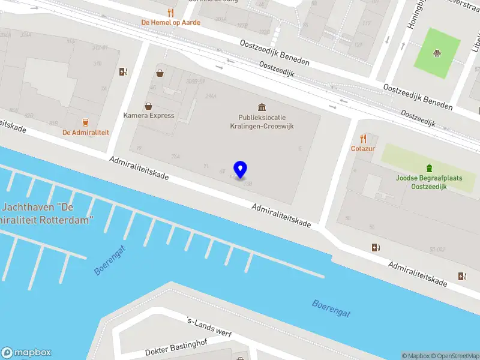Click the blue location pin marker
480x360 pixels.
click(241, 169)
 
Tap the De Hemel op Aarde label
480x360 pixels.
click(170, 22)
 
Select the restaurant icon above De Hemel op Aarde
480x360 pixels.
click(170, 12)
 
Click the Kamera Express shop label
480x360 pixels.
click(149, 115)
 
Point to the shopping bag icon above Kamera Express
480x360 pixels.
click(148, 106)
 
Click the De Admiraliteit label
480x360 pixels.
click(86, 132)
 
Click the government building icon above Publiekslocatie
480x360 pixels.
click(262, 106)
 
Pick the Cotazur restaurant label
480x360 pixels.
click(362, 148)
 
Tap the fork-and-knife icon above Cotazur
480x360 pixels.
click(362, 139)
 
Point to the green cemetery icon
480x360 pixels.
click(429, 168)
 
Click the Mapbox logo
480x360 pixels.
click(26, 353)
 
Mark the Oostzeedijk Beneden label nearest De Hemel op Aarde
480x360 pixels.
click(275, 53)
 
